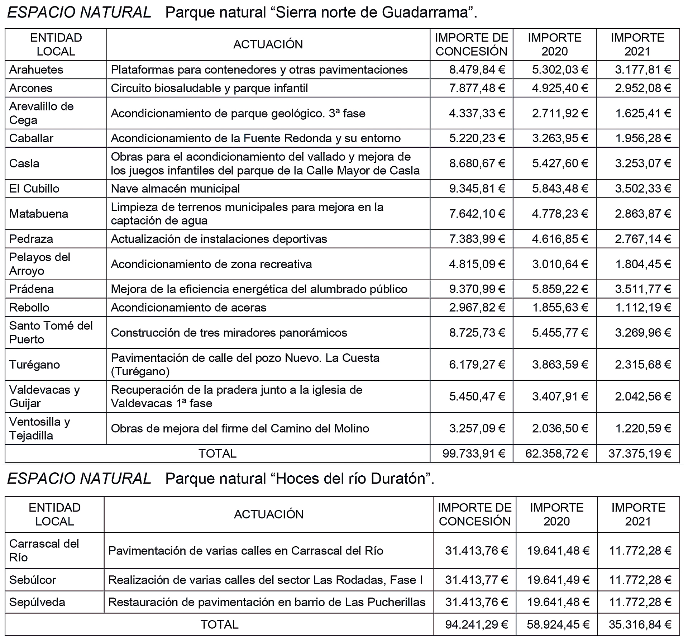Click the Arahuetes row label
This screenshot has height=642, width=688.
36,70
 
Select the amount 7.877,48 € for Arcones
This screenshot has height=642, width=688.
477,88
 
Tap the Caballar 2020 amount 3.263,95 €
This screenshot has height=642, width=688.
560,138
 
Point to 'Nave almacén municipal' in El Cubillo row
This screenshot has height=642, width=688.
175,189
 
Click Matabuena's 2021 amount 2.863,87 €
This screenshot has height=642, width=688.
643,214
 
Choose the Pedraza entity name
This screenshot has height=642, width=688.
31,239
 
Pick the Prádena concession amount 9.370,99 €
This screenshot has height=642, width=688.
477,289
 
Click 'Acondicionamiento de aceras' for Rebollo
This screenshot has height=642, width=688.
188,308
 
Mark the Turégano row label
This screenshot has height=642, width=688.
35,365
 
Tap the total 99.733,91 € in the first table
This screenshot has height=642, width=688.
474,453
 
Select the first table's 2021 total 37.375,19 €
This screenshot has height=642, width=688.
640,453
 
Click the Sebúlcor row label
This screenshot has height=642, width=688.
33,580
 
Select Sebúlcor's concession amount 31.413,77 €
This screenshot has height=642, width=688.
477,580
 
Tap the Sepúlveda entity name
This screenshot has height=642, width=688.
37,602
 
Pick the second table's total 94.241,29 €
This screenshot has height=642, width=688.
477,624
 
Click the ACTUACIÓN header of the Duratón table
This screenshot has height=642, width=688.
269,514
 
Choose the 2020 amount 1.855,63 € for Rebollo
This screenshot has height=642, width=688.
560,308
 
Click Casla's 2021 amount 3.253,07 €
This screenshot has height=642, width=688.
643,163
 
